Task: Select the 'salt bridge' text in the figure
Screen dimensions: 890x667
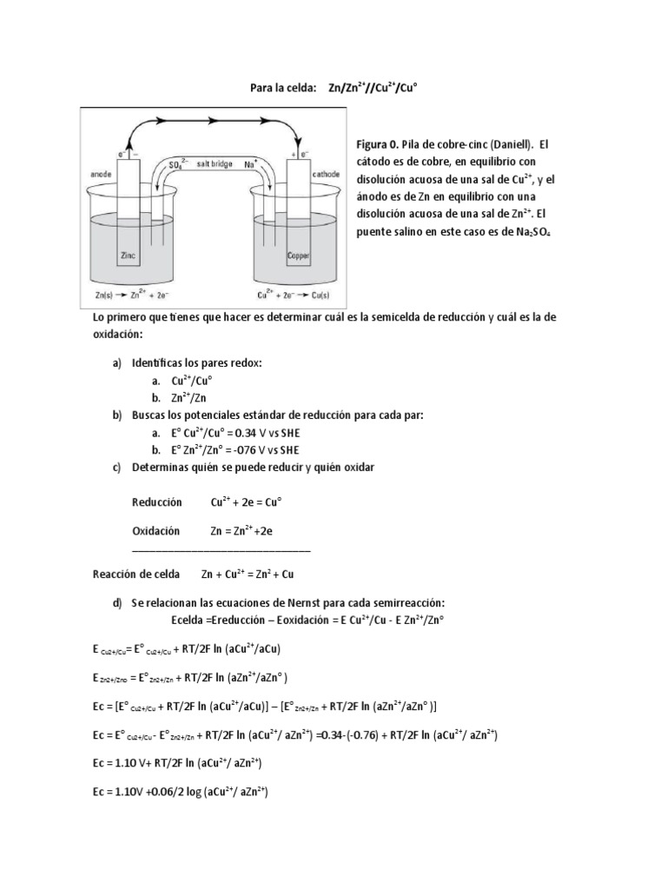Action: point(214,163)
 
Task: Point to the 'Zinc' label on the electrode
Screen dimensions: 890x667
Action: point(129,256)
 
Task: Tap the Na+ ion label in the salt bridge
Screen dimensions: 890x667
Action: point(252,163)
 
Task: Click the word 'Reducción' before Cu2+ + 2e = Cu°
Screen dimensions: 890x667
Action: point(157,502)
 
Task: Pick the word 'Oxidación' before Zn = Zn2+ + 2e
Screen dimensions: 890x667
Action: point(155,529)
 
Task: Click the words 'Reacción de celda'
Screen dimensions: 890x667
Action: point(136,575)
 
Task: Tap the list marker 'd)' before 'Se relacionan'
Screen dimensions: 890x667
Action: point(117,603)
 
